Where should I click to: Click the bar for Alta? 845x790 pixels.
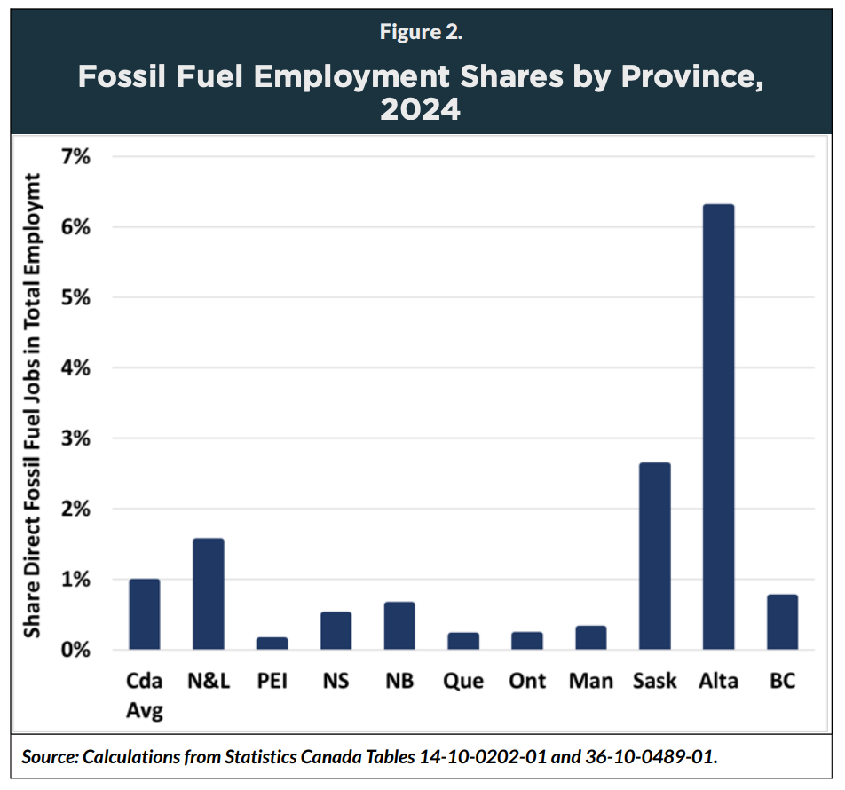coord(718,427)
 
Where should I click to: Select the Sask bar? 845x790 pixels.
coord(654,557)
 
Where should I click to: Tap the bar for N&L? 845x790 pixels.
coord(209,594)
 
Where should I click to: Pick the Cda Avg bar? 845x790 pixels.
coord(145,614)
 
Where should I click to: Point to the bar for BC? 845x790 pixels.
coord(782,622)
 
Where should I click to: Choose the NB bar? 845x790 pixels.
coord(399,626)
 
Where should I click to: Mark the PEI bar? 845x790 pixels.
coord(272,644)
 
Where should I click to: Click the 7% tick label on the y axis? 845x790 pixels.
coord(77,157)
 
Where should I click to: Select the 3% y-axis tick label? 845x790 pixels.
coord(77,438)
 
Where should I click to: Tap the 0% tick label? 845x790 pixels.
coord(77,650)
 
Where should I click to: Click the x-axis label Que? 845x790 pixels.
coord(463,682)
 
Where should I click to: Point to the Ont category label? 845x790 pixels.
coord(527,682)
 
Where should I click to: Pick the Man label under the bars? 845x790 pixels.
coord(591,682)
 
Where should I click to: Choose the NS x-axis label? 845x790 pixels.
coord(336,682)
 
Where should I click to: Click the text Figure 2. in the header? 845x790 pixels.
coord(422,33)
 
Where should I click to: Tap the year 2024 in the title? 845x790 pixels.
coord(422,109)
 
